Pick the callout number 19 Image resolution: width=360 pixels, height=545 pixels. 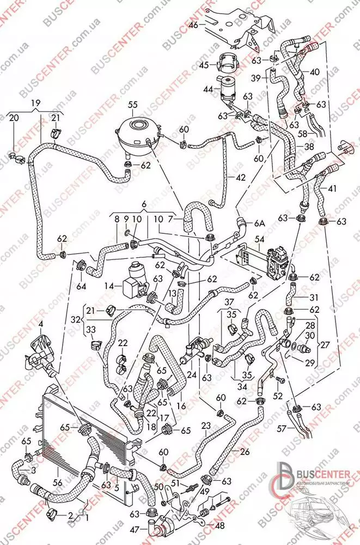pos(35,103)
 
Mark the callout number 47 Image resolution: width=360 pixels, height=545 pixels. pos(135,528)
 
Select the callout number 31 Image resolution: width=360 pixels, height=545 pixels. pos(314,298)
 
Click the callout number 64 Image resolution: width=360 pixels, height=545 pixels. pos(81,284)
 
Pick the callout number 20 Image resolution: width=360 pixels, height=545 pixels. pos(14,118)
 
